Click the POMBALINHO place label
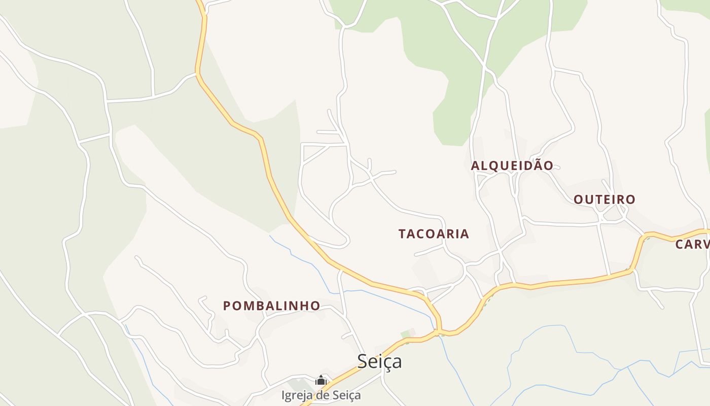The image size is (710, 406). (272, 306)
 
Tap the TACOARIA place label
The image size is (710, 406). (434, 234)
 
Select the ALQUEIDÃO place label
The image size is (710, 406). (512, 165)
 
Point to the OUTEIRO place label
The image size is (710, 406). (604, 199)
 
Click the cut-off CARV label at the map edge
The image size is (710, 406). (693, 245)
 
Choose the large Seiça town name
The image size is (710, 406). (379, 361)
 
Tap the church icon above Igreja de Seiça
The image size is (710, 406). (321, 380)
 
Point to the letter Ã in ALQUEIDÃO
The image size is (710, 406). (537, 165)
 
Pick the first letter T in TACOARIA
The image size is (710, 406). (402, 234)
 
